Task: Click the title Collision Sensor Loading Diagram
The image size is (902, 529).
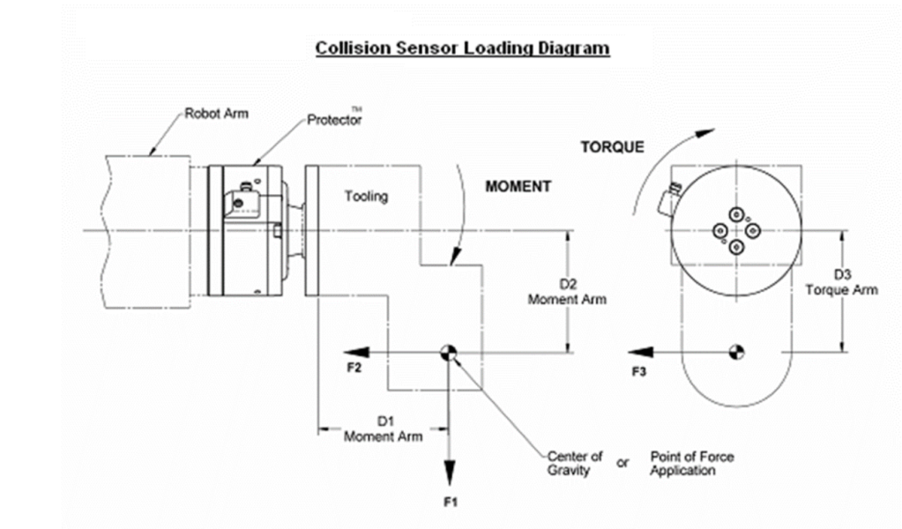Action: coord(462,48)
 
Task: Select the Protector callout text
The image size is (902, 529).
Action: coord(333,120)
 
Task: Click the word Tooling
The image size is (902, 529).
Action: coord(366,196)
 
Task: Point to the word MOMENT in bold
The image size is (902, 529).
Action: coord(518,187)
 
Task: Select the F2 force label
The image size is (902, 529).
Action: coord(354,369)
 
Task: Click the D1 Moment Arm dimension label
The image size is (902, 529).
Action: coord(383,429)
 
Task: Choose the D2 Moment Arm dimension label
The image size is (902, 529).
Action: coord(567,292)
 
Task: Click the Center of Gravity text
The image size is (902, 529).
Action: coord(574,463)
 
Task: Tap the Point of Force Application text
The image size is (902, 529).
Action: coord(691,463)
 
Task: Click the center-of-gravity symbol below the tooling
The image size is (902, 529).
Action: coord(449,353)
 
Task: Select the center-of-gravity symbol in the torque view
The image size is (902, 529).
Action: coord(735,353)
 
